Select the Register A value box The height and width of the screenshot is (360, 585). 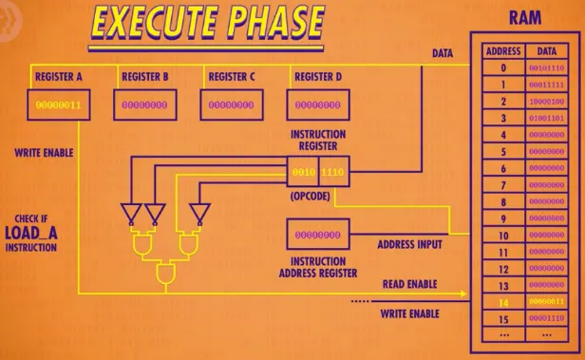[x=59, y=104]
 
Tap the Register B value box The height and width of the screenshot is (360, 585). [x=146, y=104]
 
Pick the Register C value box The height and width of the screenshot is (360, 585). [x=231, y=104]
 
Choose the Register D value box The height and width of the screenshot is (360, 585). [x=317, y=104]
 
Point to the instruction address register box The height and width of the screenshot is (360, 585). [x=317, y=234]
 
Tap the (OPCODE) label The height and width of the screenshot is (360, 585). [x=311, y=198]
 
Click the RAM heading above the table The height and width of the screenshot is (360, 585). [x=524, y=18]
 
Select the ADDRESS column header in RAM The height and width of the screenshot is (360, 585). [x=503, y=50]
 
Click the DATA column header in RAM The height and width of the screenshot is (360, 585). [x=548, y=50]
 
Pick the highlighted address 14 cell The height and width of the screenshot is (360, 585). [x=503, y=301]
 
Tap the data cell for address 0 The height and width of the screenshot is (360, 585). [x=548, y=67]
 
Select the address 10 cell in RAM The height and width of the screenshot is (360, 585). [x=503, y=235]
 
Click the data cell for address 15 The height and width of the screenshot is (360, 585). [x=548, y=318]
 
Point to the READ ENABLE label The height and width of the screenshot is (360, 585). [x=409, y=284]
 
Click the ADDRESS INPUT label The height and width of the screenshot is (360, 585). [x=409, y=244]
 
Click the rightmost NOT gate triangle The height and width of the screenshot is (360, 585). [x=198, y=211]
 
